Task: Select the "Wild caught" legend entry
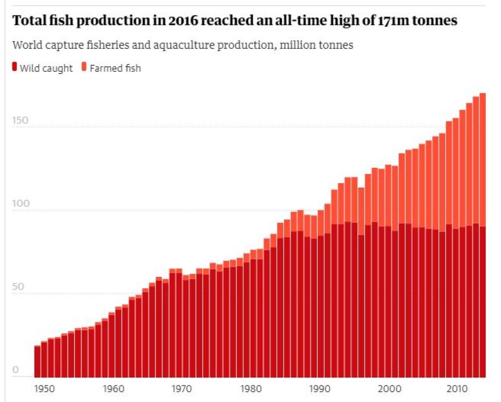pyautogui.click(x=46, y=68)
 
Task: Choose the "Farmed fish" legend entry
pyautogui.click(x=115, y=68)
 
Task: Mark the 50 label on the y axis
pyautogui.click(x=18, y=287)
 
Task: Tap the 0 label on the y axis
pyautogui.click(x=15, y=370)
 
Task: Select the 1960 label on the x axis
pyautogui.click(x=114, y=389)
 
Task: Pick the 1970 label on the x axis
pyautogui.click(x=182, y=389)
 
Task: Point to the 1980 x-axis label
pyautogui.click(x=251, y=389)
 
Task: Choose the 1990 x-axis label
pyautogui.click(x=319, y=389)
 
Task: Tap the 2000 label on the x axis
pyautogui.click(x=388, y=389)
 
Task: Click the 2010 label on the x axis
pyautogui.click(x=457, y=389)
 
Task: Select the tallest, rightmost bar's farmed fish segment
pyautogui.click(x=482, y=159)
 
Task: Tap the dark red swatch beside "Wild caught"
pyautogui.click(x=14, y=68)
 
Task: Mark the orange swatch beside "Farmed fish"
pyautogui.click(x=84, y=68)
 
